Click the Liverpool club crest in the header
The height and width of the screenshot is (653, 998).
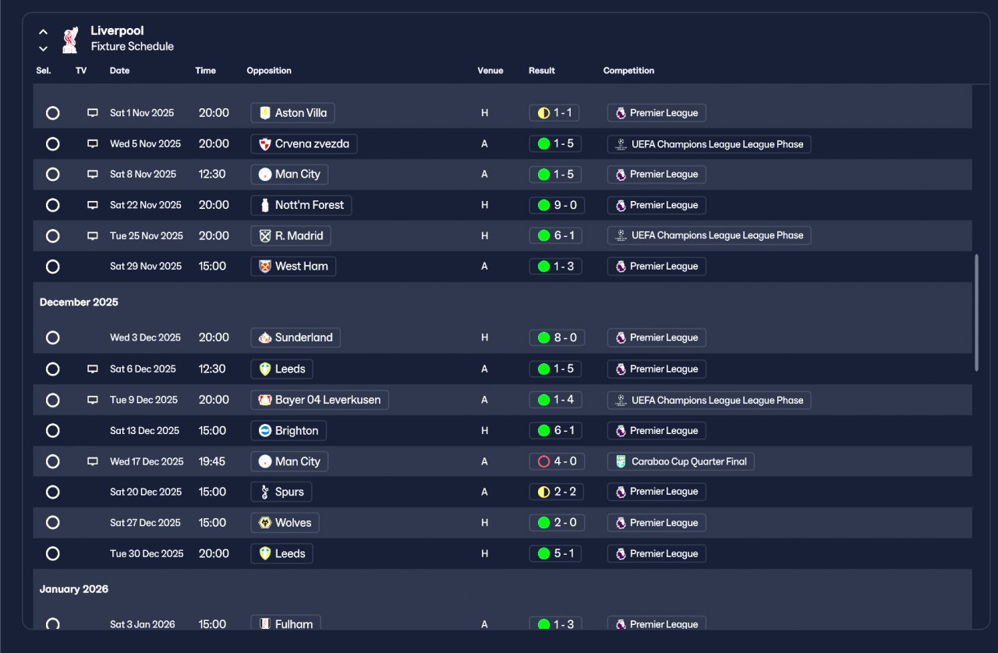click(70, 40)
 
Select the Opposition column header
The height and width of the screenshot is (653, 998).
click(269, 70)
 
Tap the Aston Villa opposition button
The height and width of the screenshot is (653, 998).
click(292, 113)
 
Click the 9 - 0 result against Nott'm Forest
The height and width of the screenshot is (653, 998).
click(557, 205)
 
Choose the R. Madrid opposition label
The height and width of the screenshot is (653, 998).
click(291, 235)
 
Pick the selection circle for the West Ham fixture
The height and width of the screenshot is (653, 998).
click(52, 266)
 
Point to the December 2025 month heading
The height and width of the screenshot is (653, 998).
click(79, 302)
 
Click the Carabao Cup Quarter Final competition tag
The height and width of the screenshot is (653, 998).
click(681, 461)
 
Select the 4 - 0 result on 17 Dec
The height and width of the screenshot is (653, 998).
click(557, 461)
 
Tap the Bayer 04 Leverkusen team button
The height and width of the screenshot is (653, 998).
click(320, 400)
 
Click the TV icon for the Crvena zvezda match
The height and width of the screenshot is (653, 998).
click(92, 144)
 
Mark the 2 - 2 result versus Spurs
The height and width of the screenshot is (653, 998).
click(556, 492)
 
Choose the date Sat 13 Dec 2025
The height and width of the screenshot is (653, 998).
click(144, 431)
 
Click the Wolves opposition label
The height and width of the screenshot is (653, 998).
click(285, 523)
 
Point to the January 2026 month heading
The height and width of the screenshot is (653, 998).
click(74, 589)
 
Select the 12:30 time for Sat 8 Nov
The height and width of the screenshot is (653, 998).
click(212, 175)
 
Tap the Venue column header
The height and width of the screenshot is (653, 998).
click(490, 70)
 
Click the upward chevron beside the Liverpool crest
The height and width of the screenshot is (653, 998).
click(43, 32)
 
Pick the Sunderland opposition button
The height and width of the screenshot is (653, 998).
click(296, 337)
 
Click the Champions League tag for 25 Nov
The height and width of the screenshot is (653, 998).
click(709, 235)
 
